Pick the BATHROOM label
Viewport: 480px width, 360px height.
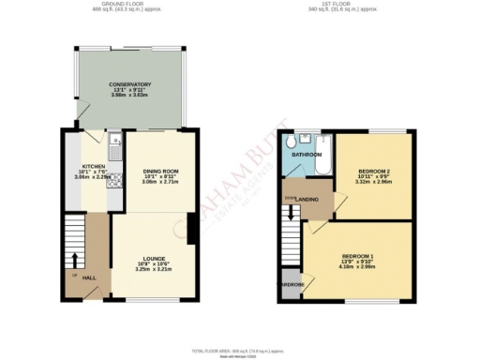(309, 154)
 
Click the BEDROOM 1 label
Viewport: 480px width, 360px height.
(357, 256)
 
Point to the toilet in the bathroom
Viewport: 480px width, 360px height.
(292, 142)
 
